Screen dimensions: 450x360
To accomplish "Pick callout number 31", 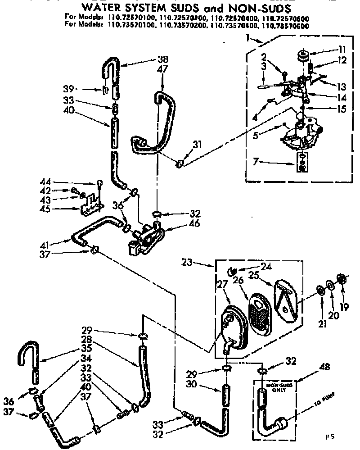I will coord(196,145).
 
